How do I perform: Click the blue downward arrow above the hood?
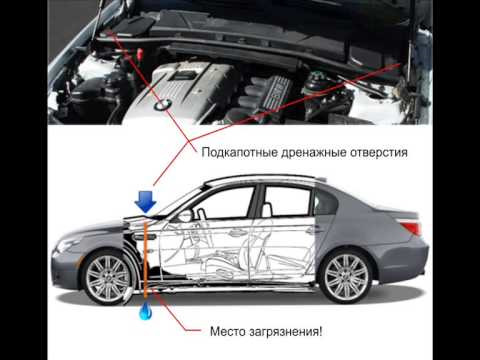145,202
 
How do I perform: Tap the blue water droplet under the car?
145,312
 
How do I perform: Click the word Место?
228,332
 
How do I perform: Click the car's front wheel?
107,278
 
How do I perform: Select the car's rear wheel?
346,277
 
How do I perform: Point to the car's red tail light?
412,228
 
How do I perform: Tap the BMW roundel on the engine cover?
163,105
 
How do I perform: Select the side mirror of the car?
184,216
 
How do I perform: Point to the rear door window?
287,202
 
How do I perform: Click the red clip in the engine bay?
140,53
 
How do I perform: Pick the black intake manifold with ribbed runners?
265,95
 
